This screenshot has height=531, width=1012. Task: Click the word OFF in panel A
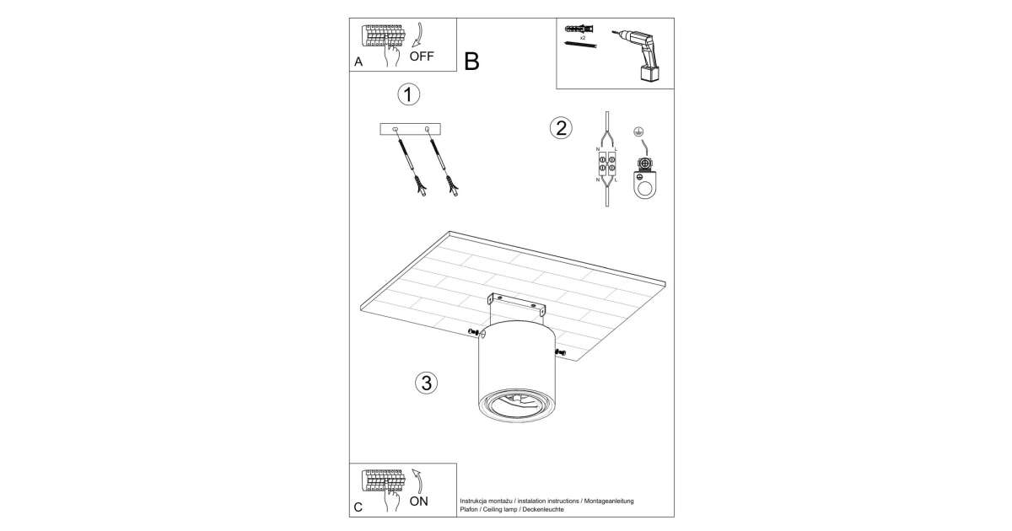click(x=422, y=56)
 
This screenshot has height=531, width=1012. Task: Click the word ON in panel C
click(x=419, y=501)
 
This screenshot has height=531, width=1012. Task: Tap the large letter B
click(x=471, y=62)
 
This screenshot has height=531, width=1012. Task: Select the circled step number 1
click(x=408, y=94)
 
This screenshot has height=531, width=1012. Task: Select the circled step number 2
click(x=561, y=128)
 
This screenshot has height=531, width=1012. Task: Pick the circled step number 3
click(x=427, y=383)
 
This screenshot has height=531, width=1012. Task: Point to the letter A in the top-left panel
click(x=358, y=62)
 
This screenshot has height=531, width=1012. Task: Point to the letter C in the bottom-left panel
click(x=358, y=507)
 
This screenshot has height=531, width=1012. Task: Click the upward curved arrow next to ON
click(x=418, y=480)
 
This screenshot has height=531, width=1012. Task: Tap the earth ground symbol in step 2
click(x=638, y=131)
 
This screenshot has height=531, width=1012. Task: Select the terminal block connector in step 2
click(x=607, y=164)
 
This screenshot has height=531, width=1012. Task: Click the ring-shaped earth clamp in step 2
click(x=644, y=186)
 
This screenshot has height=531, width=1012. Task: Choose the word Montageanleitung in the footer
click(x=609, y=501)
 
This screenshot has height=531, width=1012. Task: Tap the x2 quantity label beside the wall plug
click(x=583, y=38)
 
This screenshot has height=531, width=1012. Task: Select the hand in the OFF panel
click(x=390, y=53)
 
